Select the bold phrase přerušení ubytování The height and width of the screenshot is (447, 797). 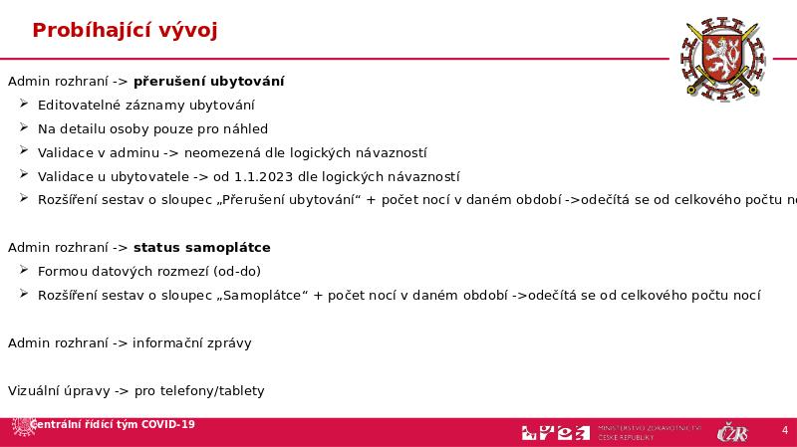(x=209, y=81)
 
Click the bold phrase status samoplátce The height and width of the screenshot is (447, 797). (x=202, y=247)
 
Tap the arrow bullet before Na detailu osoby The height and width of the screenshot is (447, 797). (x=25, y=128)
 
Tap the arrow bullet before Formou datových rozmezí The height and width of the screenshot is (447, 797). (x=25, y=271)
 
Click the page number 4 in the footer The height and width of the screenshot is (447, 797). (x=785, y=430)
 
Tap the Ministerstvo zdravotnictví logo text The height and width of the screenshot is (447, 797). (x=649, y=432)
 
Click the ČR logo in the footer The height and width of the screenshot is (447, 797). (x=733, y=432)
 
